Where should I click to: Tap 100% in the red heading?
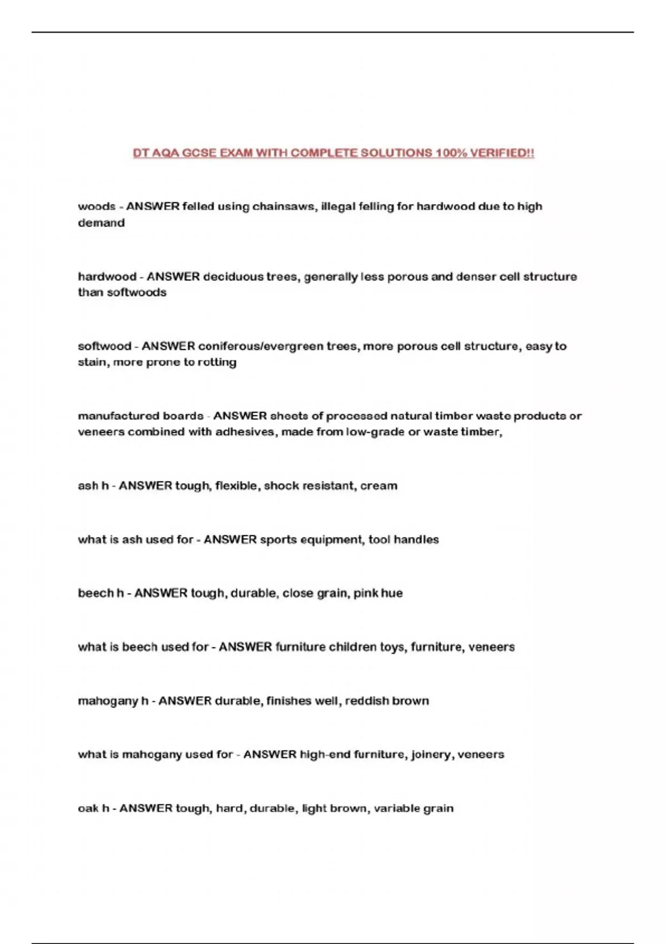point(451,153)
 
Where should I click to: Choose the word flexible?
point(237,486)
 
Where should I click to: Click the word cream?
point(379,486)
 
